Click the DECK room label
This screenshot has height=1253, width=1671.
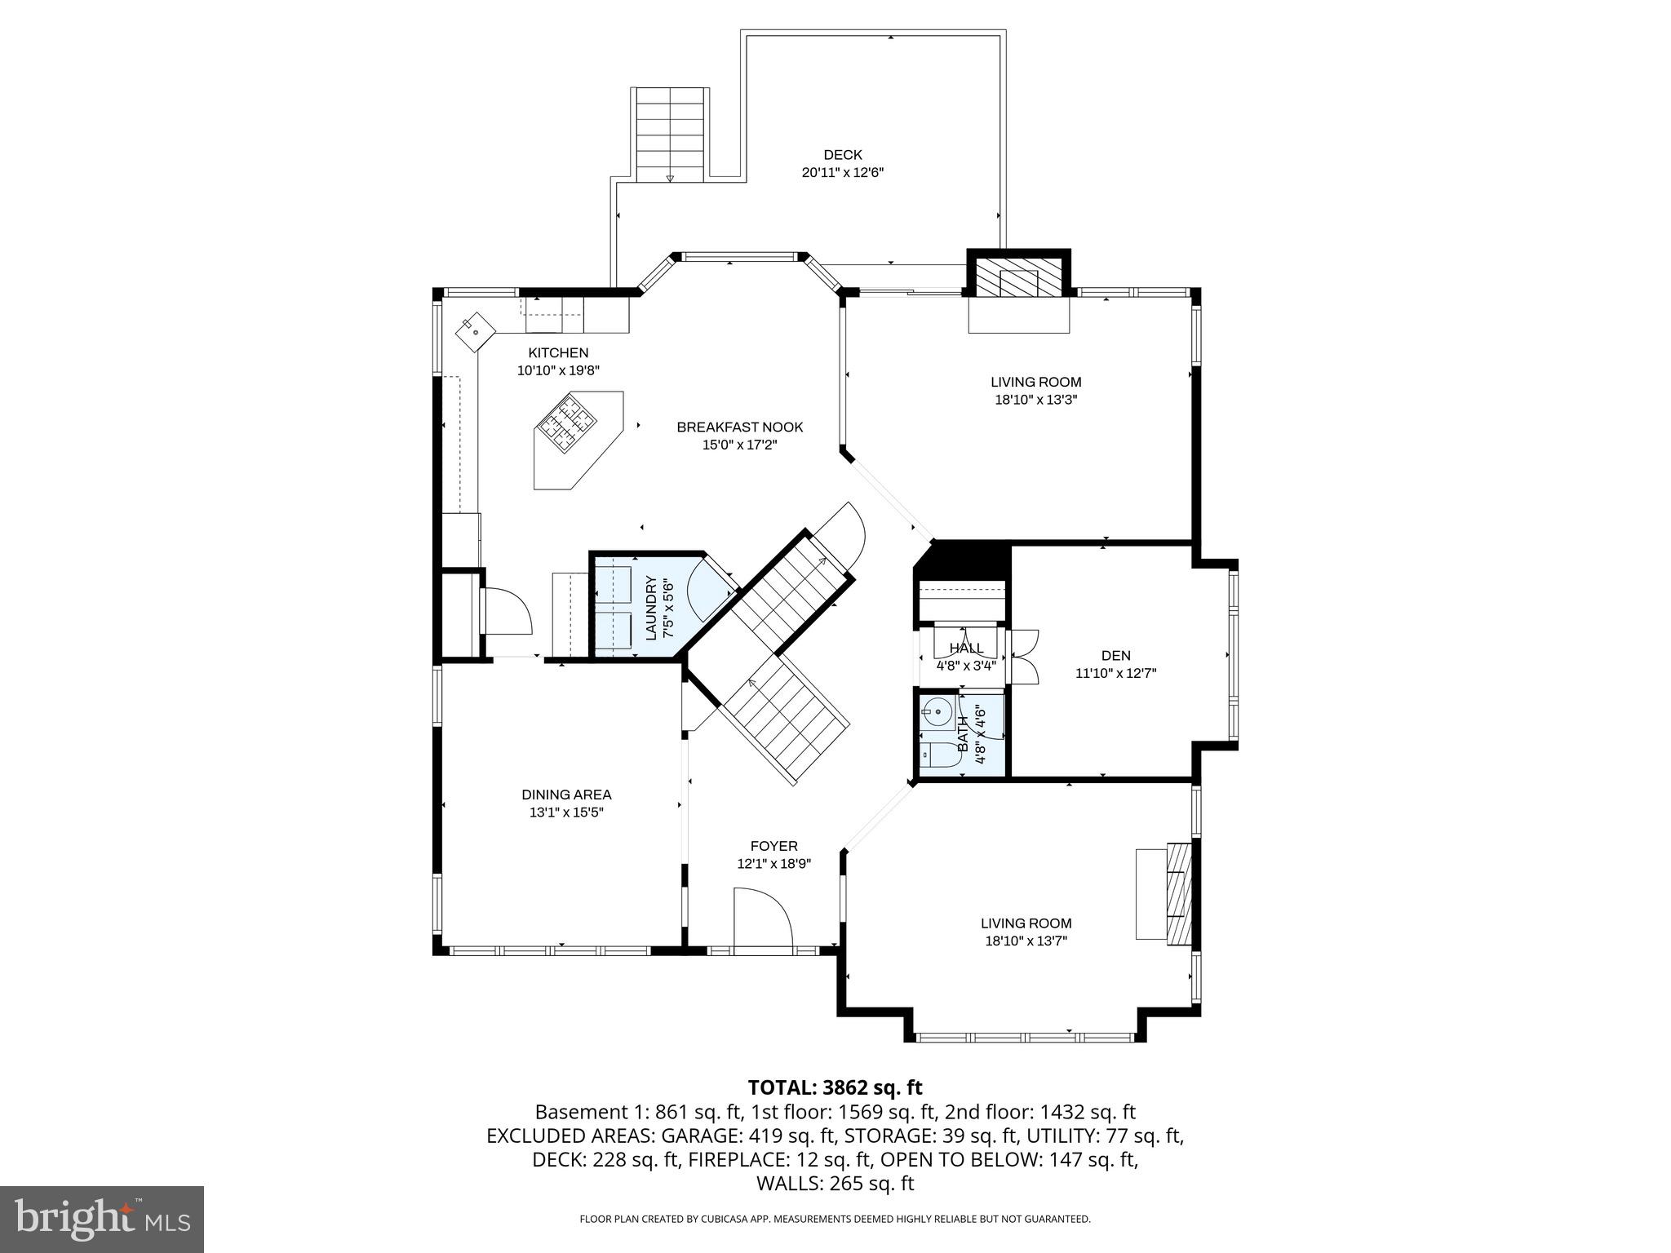tap(842, 155)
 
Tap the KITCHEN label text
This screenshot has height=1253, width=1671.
tap(558, 353)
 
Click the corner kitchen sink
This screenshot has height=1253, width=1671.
tap(476, 332)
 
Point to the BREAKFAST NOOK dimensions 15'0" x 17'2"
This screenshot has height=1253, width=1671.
tap(739, 445)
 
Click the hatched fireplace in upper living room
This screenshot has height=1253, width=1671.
tap(1018, 282)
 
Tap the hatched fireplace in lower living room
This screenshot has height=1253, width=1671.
tap(1178, 894)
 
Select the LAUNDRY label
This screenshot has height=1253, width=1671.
tap(651, 607)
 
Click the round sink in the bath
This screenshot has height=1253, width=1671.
tap(939, 712)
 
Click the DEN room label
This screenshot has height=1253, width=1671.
tap(1115, 655)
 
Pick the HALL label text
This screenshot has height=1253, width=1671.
tap(966, 649)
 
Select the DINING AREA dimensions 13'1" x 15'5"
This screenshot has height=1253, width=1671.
tap(565, 812)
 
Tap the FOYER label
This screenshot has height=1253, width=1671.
tap(773, 846)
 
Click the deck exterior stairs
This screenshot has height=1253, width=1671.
tap(669, 135)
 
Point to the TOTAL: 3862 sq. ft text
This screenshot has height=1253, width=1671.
tap(835, 1087)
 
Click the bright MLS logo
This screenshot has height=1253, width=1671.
tap(102, 1219)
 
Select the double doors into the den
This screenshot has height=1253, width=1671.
tap(1023, 655)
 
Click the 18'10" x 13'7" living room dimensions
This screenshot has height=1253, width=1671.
tap(1026, 941)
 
